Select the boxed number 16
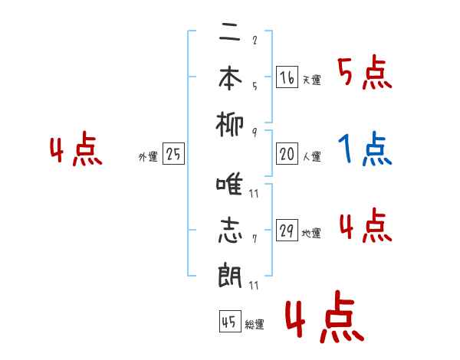[287, 77]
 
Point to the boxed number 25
[173, 155]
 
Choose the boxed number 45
[228, 322]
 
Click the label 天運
[311, 80]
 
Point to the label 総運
[255, 325]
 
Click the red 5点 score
[364, 74]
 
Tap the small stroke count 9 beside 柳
[254, 132]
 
